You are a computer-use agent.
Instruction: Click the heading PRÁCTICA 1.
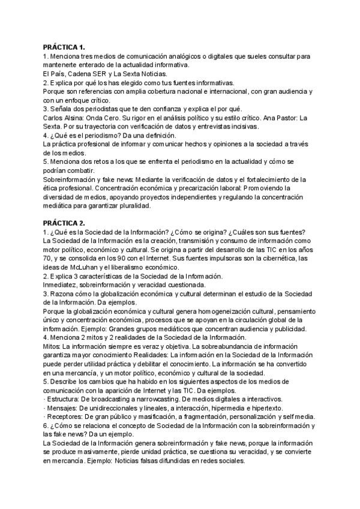point(64,47)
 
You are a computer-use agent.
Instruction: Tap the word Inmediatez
point(62,285)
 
